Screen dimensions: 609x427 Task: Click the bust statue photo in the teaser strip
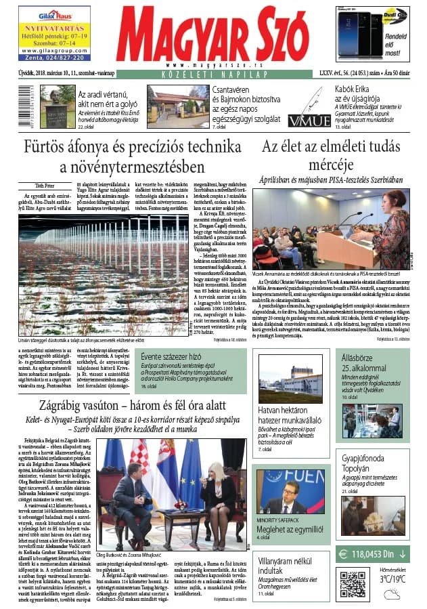click(58, 106)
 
